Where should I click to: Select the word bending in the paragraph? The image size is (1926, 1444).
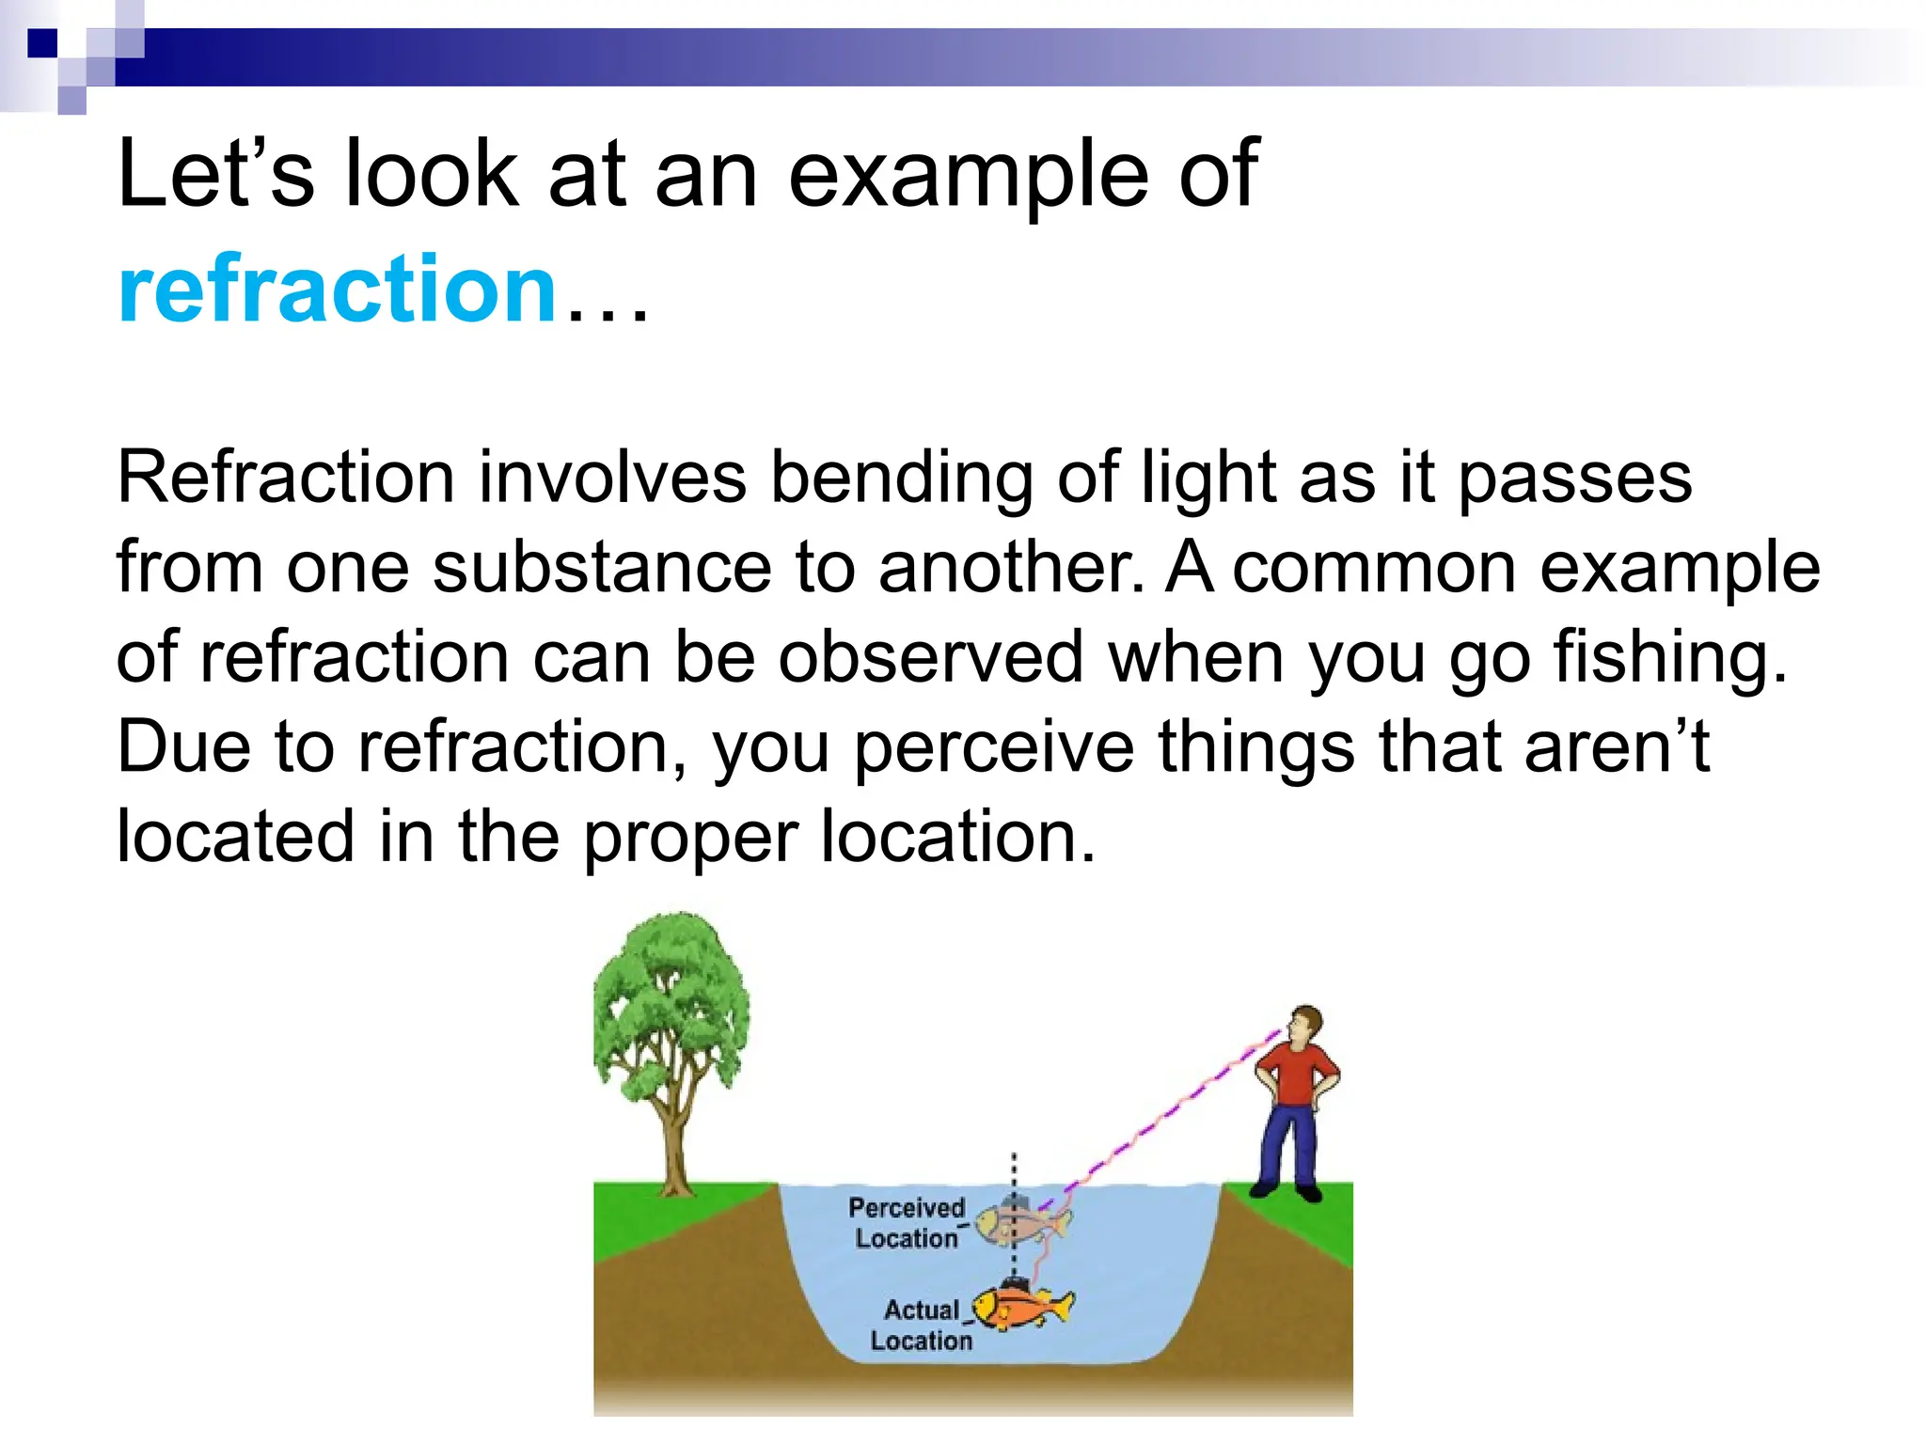click(x=900, y=479)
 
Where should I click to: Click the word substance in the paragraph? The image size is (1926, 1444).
click(x=602, y=568)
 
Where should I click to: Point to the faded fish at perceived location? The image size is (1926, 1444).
click(x=1020, y=1223)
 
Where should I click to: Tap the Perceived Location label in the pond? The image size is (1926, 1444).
click(x=907, y=1223)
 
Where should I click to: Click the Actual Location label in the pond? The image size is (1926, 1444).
click(x=922, y=1325)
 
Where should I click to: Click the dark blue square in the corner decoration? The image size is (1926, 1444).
click(x=43, y=43)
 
